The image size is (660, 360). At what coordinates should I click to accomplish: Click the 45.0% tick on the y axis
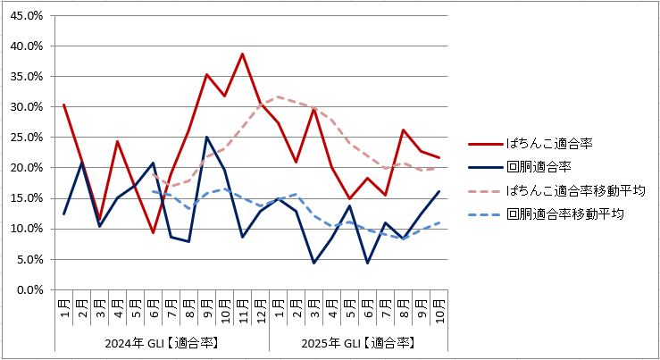pos(28,15)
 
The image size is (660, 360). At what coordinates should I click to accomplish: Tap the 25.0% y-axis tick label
pos(28,138)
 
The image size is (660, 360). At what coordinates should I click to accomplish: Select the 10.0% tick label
pos(28,229)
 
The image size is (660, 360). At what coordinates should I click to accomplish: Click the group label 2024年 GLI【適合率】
pos(162,342)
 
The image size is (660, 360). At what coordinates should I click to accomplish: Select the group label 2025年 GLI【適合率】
pos(357,342)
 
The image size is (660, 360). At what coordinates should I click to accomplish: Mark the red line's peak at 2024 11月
pos(242,54)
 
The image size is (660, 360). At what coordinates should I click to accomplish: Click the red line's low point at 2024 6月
pos(153,233)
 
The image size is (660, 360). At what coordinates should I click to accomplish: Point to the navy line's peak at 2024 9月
pos(206,138)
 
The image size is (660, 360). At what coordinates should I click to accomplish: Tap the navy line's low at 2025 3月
pos(313,263)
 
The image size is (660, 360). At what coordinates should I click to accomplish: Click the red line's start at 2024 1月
pos(63,105)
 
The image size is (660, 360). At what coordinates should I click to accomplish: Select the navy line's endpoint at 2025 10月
pos(439,191)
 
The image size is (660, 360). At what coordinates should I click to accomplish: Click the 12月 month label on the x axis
pos(260,309)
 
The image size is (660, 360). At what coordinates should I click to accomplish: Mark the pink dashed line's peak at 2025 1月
pos(278,96)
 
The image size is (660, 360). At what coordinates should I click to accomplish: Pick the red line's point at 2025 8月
pos(403,130)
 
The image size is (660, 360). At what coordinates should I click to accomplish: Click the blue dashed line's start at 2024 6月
pos(153,191)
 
